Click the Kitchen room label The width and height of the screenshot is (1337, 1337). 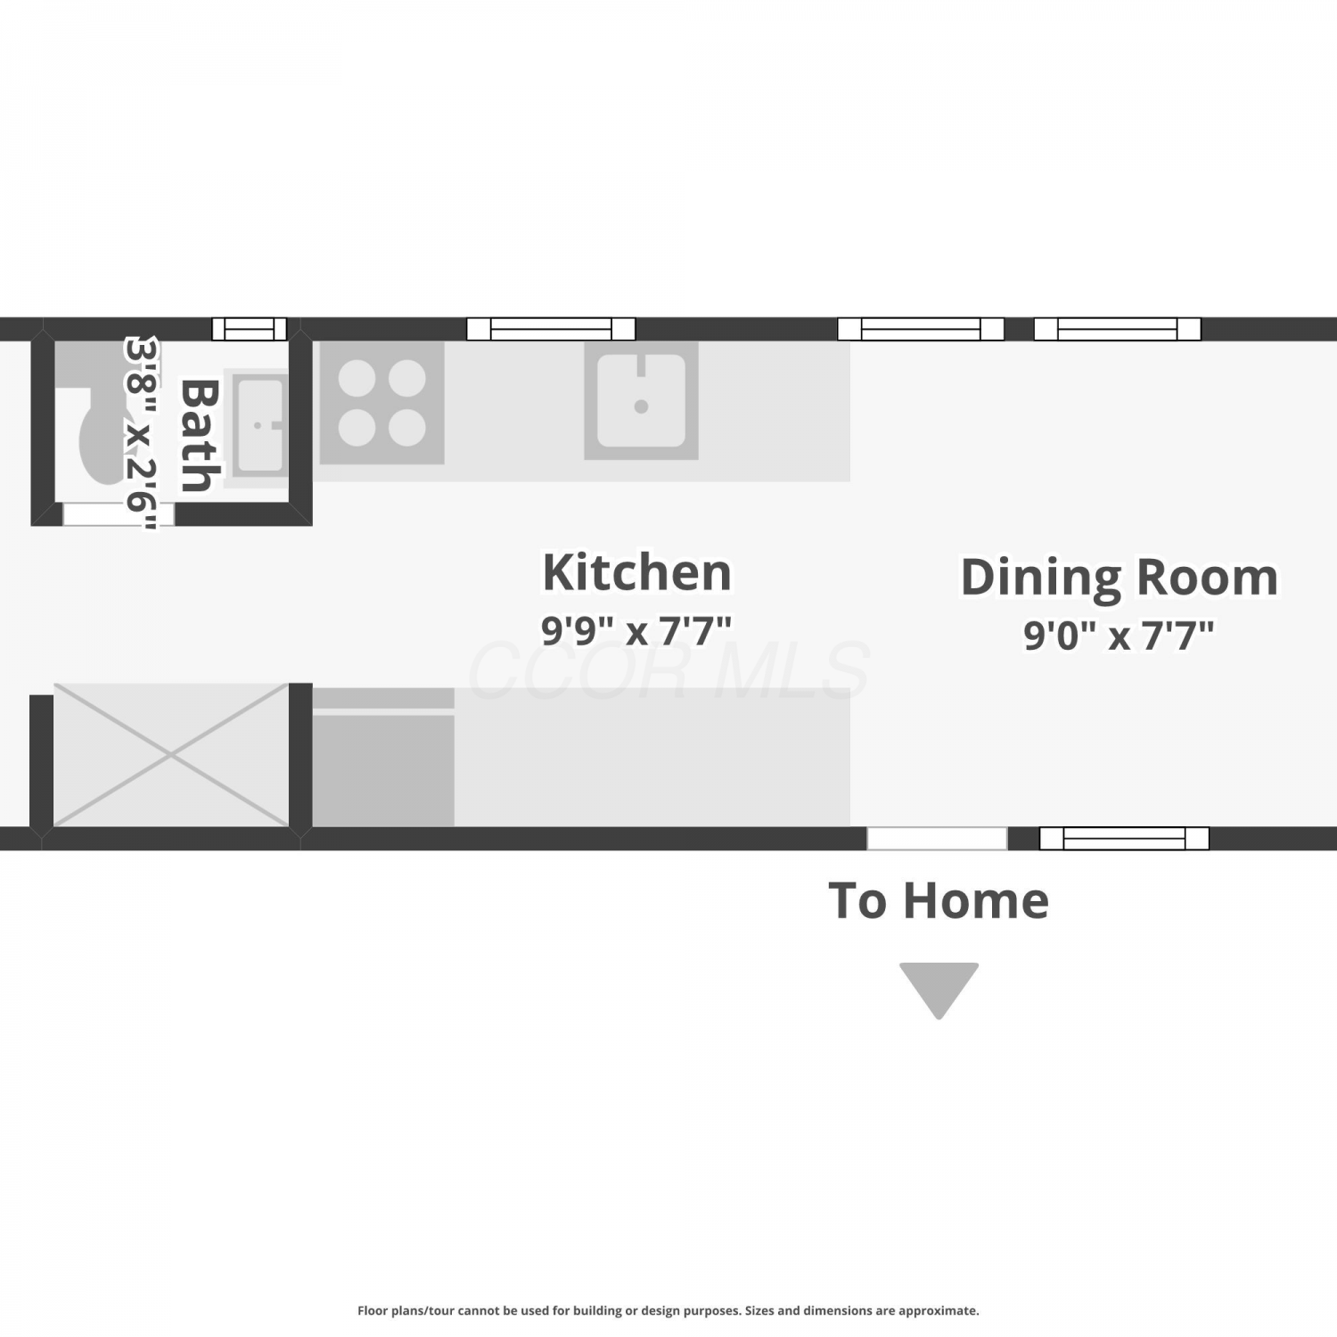click(x=636, y=572)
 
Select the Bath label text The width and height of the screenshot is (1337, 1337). click(x=201, y=435)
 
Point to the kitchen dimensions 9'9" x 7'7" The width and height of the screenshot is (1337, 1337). click(x=636, y=631)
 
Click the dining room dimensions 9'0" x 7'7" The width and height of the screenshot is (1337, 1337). click(x=1119, y=636)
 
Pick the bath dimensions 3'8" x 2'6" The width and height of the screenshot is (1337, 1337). click(x=141, y=433)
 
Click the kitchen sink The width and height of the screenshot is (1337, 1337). click(x=641, y=401)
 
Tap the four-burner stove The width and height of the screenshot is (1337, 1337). click(x=381, y=403)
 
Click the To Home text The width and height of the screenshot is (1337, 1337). click(x=939, y=900)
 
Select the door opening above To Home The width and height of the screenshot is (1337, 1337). click(x=937, y=838)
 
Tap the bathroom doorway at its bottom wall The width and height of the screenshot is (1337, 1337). click(x=119, y=514)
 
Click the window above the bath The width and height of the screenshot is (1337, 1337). click(x=250, y=329)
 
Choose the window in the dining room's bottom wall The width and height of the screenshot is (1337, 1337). click(x=1124, y=838)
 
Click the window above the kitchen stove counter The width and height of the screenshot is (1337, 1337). click(x=551, y=329)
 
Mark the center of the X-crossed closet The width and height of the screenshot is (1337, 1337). click(x=171, y=755)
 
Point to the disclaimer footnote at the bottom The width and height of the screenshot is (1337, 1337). click(x=668, y=1310)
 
